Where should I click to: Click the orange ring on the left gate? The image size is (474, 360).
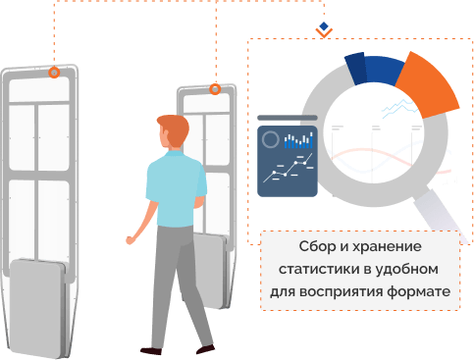tap(55, 73)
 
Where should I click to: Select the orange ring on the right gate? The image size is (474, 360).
tap(215, 89)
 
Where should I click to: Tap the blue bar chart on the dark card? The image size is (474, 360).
tap(297, 142)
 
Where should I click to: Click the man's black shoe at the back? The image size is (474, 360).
tap(151, 349)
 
